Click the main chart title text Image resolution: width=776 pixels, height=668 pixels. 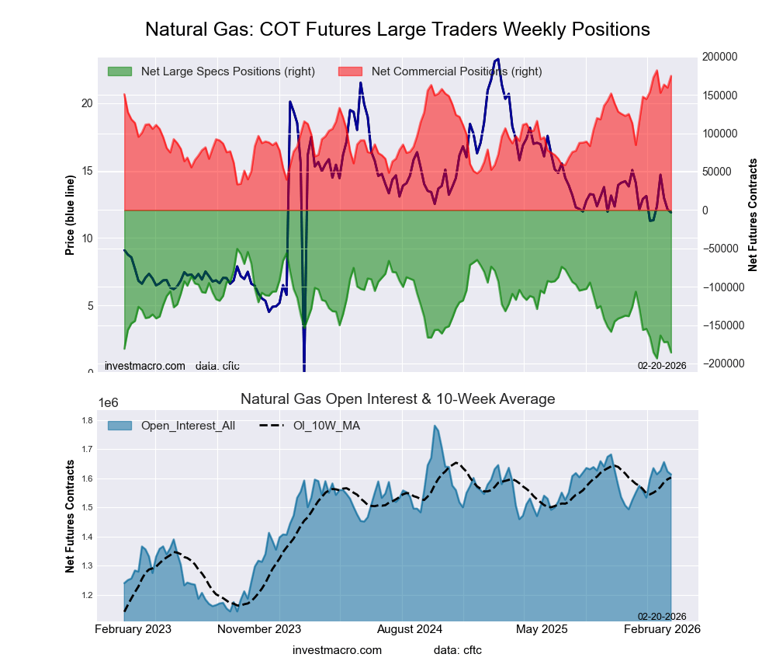pos(397,30)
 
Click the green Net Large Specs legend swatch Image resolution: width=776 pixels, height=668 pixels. pos(120,71)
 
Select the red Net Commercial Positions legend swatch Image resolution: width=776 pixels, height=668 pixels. pos(351,71)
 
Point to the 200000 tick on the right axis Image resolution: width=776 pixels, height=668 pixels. pos(721,57)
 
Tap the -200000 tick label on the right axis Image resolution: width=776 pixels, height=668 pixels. pos(722,364)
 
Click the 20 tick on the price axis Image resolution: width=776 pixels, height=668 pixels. pos(87,103)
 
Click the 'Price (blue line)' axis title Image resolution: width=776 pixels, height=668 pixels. pos(70,215)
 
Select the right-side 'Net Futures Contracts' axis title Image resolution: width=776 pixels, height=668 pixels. pos(752,215)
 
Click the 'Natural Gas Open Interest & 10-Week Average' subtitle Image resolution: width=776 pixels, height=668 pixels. pos(397,399)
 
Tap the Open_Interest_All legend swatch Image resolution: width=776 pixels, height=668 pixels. pos(120,426)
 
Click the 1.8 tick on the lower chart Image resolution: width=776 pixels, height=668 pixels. pos(87,421)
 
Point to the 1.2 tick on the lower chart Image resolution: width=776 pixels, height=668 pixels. pos(87,596)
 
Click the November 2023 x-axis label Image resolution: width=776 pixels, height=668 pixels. pos(259,629)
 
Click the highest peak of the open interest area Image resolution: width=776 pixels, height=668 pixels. pos(435,426)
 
